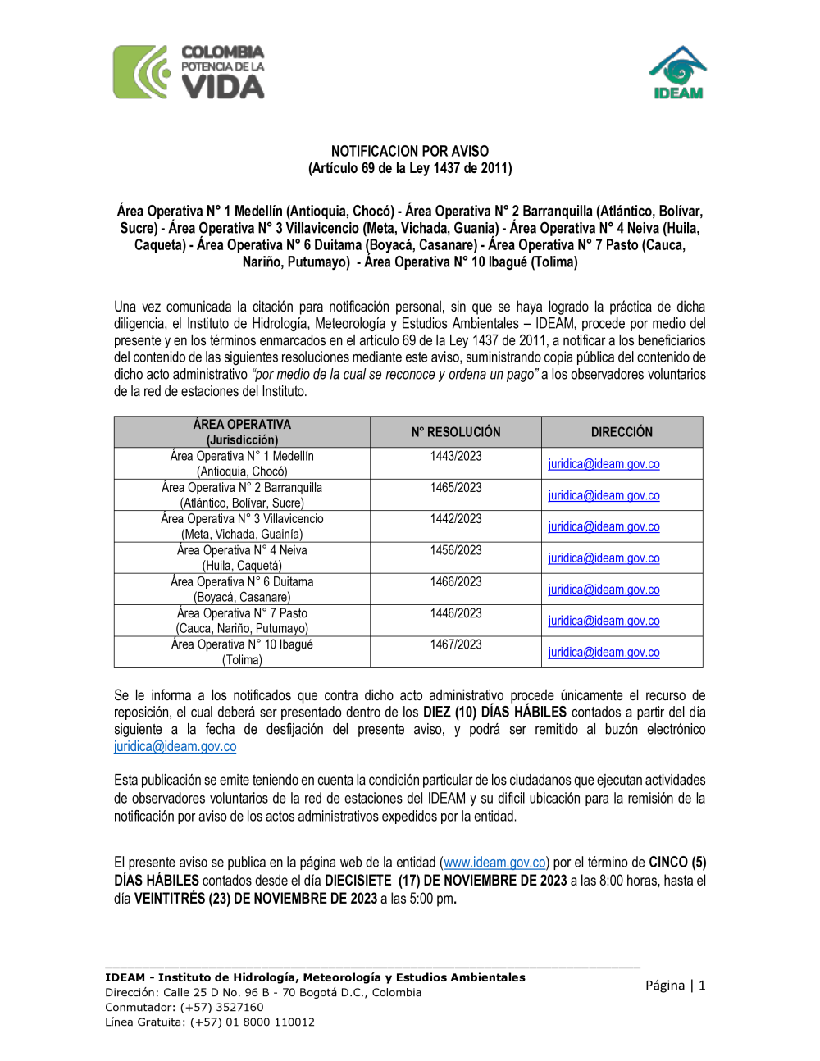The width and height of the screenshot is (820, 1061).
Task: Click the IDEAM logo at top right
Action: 677,73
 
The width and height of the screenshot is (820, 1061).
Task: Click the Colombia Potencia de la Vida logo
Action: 189,72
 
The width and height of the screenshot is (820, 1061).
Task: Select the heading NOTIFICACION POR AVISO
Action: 410,151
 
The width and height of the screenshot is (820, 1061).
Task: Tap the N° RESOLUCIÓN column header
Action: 456,432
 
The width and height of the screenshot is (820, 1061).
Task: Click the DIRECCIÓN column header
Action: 622,432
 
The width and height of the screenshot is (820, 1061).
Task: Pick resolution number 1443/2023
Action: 456,456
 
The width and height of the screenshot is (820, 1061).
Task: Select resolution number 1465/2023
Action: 456,487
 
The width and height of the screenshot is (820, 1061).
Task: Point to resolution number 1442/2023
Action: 456,518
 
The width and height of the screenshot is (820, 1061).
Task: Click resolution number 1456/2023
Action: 456,550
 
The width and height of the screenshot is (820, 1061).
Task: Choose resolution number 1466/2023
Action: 456,581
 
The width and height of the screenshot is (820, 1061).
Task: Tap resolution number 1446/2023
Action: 456,612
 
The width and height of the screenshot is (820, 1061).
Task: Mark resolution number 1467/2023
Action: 456,644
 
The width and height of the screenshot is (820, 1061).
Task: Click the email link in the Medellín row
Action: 604,464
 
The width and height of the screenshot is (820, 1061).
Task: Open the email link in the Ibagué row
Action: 604,653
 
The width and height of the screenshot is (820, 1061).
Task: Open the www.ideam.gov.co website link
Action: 495,863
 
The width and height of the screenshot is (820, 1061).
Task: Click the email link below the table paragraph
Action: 175,746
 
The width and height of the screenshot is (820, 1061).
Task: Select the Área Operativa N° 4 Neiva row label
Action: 242,550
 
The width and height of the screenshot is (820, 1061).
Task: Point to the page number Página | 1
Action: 675,986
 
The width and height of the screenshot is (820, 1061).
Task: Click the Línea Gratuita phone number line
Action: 210,1022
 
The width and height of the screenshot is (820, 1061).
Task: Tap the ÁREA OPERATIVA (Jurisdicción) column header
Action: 242,432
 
